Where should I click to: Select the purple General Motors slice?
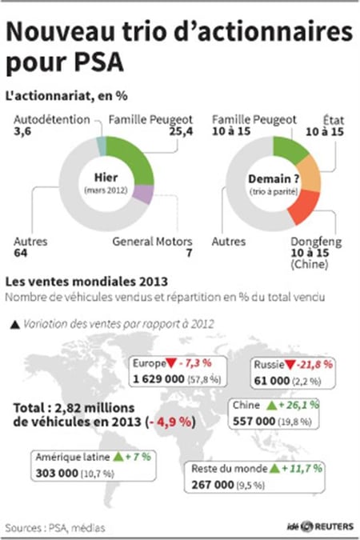coord(144,194)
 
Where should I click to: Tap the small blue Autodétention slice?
coord(101,146)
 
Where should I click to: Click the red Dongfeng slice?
coord(303,207)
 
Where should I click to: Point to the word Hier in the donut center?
coord(106,178)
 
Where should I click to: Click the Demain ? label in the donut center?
coord(274,179)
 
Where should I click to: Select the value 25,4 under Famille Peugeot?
coord(181,131)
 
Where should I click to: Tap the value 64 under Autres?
coord(21,253)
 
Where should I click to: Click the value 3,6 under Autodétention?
coord(22,131)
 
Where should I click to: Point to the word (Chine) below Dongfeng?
coord(309,265)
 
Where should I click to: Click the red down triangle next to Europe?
coord(171,363)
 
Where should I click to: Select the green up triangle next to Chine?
coord(272,406)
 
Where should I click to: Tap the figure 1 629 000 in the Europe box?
coord(159,379)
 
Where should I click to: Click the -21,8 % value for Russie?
coord(315,364)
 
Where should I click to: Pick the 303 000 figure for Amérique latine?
coord(57,473)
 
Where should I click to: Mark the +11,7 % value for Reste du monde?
coord(302,468)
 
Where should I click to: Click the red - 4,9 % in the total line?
coord(170,422)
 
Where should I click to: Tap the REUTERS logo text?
coord(334,526)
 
